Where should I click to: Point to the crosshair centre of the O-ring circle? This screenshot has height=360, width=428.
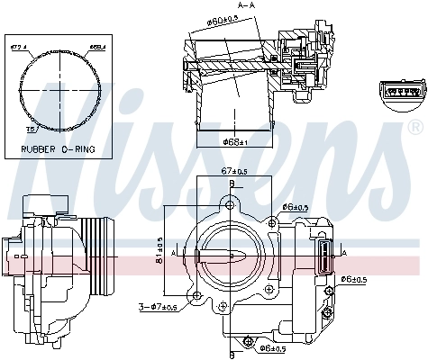click(57, 86)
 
